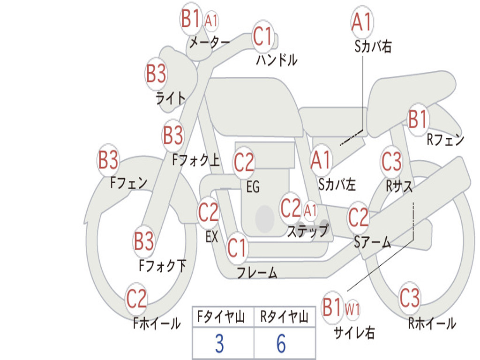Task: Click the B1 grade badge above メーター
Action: click(x=191, y=20)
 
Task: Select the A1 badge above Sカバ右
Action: click(x=361, y=22)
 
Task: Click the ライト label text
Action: click(x=171, y=98)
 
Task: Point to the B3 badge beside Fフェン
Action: click(x=108, y=160)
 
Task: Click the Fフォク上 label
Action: click(x=196, y=161)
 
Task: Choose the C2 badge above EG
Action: click(x=244, y=163)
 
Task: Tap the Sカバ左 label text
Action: click(x=337, y=184)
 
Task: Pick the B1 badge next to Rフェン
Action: click(x=418, y=120)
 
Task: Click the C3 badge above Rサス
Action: click(x=391, y=162)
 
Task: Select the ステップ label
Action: click(x=308, y=231)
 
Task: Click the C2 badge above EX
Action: click(x=209, y=213)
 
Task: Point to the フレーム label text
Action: click(x=257, y=272)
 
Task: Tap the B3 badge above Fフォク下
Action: click(x=144, y=242)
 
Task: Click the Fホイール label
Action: click(x=157, y=323)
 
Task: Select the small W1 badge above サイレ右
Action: click(x=352, y=309)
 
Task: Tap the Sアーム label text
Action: click(x=373, y=242)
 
